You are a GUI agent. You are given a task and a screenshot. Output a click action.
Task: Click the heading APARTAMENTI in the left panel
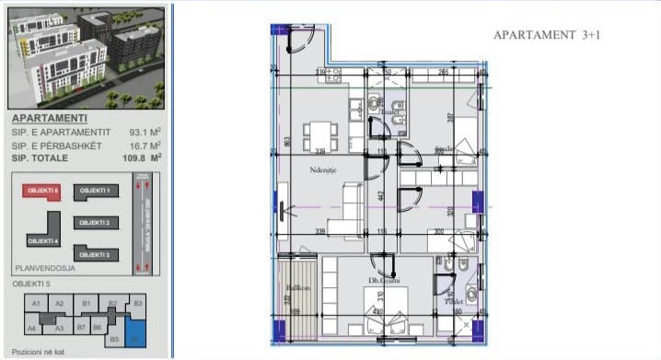[50, 118]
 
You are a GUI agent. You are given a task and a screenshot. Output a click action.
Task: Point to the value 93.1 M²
[145, 133]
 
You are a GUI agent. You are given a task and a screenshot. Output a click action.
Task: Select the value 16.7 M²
[145, 145]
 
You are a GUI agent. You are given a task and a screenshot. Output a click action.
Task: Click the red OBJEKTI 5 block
[42, 191]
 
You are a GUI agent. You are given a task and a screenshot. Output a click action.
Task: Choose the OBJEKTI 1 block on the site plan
[94, 191]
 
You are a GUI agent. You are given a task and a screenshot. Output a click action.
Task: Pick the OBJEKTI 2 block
[94, 223]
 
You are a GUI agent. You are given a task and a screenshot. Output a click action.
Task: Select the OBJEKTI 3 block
[94, 254]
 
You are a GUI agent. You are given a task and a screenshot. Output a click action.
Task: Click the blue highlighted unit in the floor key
[136, 332]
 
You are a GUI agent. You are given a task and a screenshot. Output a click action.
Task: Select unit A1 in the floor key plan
[37, 302]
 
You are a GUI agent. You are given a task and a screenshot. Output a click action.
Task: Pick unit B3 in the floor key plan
[138, 302]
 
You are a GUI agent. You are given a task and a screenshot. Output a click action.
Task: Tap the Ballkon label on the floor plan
[297, 288]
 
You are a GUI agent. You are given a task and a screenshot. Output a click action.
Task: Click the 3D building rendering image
[85, 58]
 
